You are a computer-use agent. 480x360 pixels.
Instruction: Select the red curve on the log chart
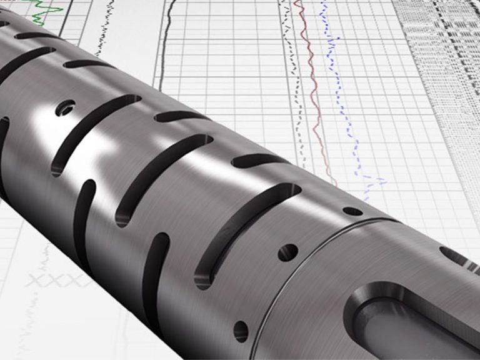point(312,94)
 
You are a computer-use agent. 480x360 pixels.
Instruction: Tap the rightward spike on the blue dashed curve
point(377,182)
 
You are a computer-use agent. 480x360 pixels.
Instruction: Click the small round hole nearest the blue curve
point(352,211)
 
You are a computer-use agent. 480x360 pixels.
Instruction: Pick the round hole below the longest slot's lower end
point(240,330)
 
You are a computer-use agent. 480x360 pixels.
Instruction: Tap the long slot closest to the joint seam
point(247,234)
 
